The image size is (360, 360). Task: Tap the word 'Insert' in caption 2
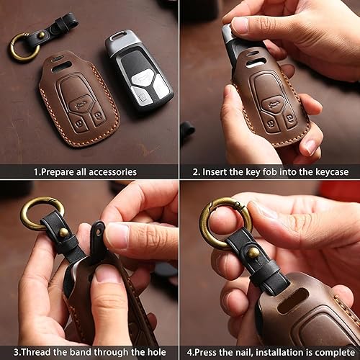click(x=220, y=172)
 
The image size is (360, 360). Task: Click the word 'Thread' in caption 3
click(x=27, y=352)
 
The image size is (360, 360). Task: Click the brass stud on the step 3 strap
click(x=63, y=233)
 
